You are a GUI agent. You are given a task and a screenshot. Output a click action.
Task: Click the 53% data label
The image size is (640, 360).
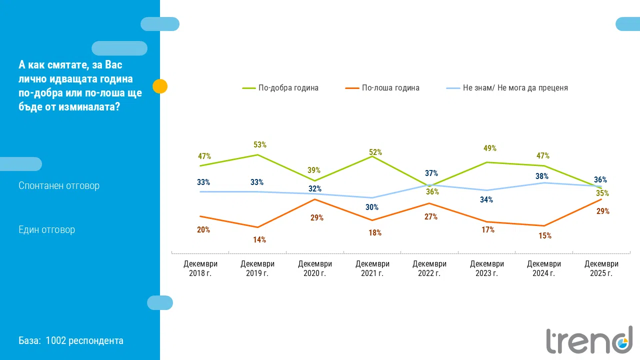point(260,145)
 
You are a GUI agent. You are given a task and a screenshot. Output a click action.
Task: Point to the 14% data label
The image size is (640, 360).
point(259,240)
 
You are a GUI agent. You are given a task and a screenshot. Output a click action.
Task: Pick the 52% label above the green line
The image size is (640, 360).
point(375,152)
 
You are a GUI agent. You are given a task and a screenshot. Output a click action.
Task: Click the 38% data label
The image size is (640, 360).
point(542,176)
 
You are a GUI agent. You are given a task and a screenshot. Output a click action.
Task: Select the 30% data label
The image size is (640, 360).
point(372,207)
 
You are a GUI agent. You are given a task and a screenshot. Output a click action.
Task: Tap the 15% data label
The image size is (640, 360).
point(545,236)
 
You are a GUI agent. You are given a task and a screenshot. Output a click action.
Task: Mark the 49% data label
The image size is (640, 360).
point(490,148)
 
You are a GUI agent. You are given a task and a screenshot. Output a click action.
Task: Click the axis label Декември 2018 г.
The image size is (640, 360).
point(200,268)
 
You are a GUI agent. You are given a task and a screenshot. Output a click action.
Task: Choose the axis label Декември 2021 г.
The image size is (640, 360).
point(372,268)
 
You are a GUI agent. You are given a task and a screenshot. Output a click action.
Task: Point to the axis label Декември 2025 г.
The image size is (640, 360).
point(601,268)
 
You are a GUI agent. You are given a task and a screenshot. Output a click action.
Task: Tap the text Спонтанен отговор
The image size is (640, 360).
point(59,185)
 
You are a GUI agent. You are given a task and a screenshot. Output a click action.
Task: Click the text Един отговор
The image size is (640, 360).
point(46,230)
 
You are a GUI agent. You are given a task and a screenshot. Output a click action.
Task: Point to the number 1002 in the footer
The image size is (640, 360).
point(55,341)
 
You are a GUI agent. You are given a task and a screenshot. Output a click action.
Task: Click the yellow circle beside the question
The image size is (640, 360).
point(159,86)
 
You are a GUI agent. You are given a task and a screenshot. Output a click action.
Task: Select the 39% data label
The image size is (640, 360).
point(314,170)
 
